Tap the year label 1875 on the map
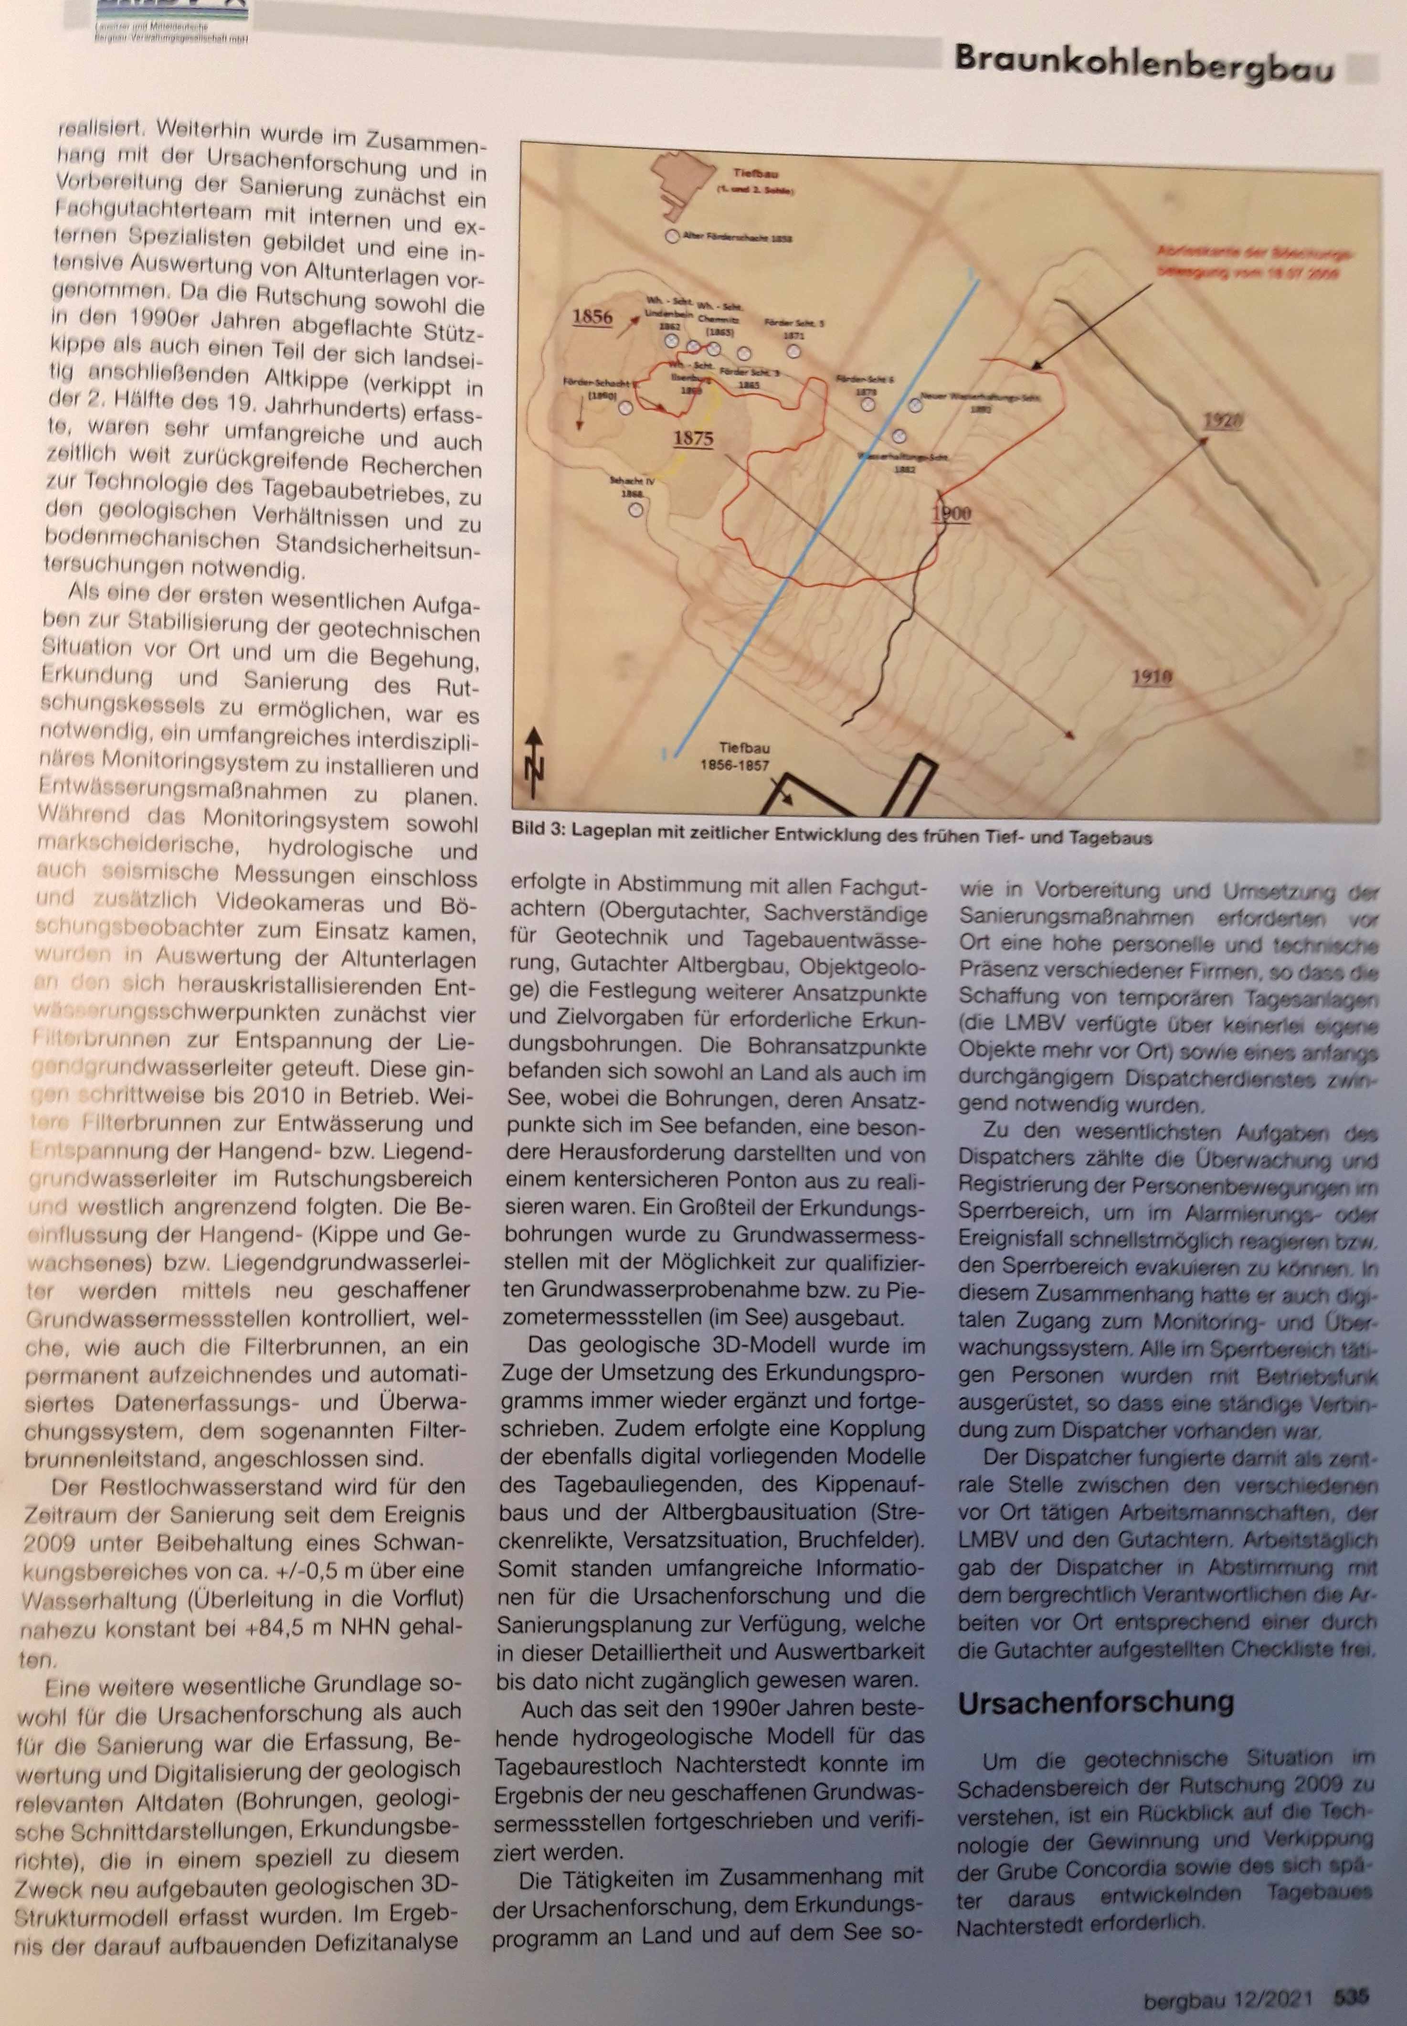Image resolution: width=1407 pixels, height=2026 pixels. click(x=693, y=438)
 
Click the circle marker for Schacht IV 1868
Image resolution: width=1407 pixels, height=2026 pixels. click(x=635, y=509)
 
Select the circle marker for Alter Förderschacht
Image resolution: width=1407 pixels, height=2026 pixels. click(x=673, y=236)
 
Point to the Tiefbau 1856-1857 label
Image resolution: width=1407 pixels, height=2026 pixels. click(x=732, y=757)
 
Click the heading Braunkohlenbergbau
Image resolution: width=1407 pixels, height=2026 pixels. click(x=1143, y=63)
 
